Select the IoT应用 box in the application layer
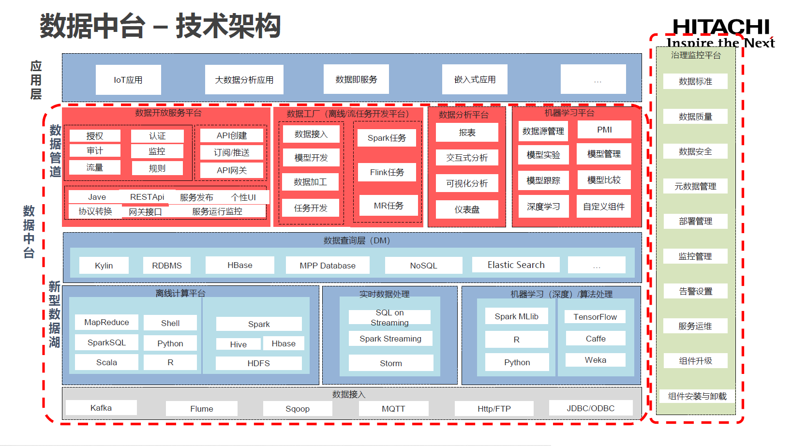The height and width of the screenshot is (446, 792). (x=128, y=80)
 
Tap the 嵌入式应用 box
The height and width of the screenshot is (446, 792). (x=475, y=79)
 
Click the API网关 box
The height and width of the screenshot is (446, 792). (x=232, y=170)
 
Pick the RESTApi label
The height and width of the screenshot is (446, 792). (x=147, y=197)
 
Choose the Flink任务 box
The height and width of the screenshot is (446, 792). (x=387, y=172)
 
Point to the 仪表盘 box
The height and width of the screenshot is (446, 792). (x=467, y=209)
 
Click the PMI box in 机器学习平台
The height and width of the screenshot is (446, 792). (x=604, y=130)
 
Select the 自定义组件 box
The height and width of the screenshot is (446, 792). (x=604, y=207)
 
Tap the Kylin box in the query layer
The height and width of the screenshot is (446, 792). (x=104, y=266)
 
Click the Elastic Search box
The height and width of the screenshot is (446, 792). (x=516, y=265)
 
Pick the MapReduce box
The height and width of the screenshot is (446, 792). (x=106, y=322)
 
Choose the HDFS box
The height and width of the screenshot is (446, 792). (x=258, y=363)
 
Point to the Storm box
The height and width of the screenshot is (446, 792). (x=390, y=363)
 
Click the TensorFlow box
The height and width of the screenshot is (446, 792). (x=595, y=317)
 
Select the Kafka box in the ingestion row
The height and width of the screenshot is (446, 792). (x=101, y=408)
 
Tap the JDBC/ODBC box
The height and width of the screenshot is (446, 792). (x=590, y=408)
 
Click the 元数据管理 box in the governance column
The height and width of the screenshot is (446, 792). (x=695, y=186)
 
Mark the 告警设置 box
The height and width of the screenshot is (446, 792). (x=695, y=291)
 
